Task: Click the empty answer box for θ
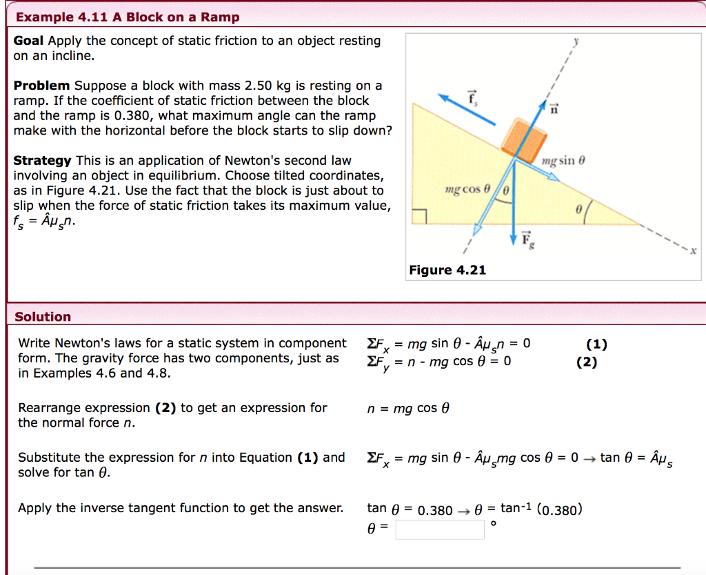440,529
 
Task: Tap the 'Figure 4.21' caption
447,271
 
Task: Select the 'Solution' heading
43,317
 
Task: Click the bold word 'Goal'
29,41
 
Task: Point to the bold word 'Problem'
41,86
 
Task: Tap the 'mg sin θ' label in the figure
563,161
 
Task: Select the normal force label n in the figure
553,106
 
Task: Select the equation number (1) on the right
597,344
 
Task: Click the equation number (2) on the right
587,362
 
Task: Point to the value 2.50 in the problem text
259,86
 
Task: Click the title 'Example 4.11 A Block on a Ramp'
128,17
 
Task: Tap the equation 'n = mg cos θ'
408,409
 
